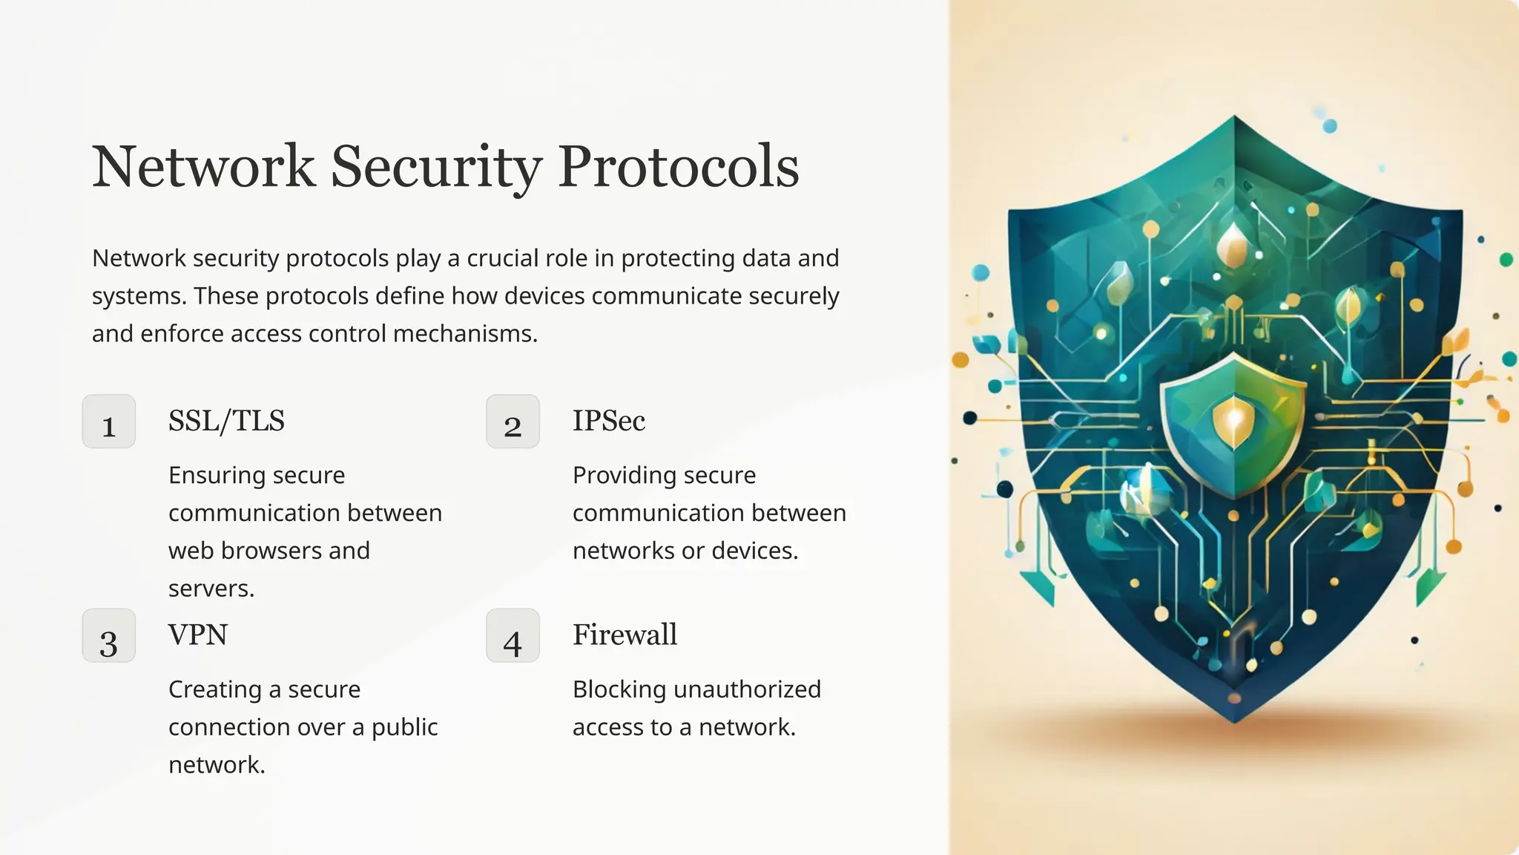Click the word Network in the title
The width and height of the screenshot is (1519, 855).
click(203, 166)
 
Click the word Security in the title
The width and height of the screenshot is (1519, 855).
click(436, 166)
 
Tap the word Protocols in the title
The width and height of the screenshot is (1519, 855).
click(678, 166)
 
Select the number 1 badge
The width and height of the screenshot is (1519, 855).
click(109, 422)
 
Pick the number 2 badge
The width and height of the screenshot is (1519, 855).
click(513, 422)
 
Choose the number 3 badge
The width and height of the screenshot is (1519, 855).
click(109, 636)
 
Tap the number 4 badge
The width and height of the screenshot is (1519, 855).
click(513, 636)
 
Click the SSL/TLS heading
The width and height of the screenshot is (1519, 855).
click(226, 421)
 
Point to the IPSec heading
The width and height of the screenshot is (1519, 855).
click(608, 421)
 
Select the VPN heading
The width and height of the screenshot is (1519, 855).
click(198, 635)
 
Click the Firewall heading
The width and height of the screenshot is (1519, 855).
click(625, 635)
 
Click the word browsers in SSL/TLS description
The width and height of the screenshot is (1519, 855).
click(270, 551)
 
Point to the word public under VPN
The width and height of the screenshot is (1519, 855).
click(404, 727)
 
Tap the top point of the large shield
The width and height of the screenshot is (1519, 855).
click(1235, 119)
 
